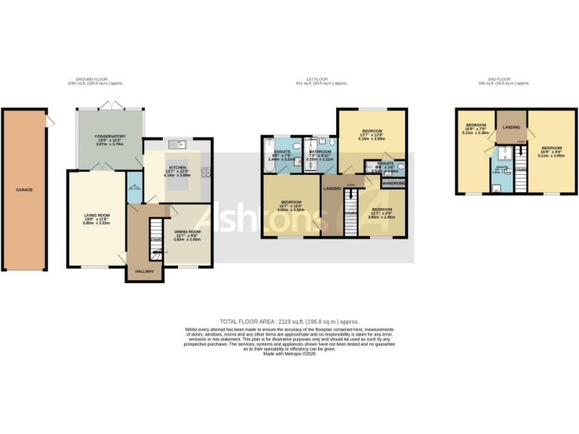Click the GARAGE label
[x=25, y=191]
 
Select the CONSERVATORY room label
[x=110, y=136]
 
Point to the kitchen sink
[x=178, y=143]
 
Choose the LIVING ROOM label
[x=96, y=217]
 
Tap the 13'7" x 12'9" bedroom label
[x=372, y=133]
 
